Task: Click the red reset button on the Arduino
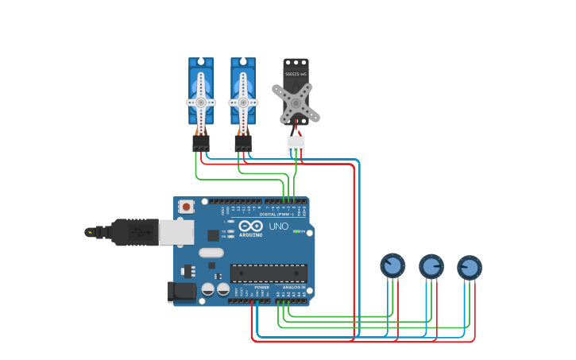[186, 207]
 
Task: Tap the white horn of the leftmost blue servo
[201, 103]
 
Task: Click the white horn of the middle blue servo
[243, 103]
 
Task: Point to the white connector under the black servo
[296, 145]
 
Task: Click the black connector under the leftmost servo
[201, 142]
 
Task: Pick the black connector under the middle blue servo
[243, 142]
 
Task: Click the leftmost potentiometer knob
[392, 266]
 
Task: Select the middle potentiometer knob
[431, 267]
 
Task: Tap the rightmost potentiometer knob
[470, 268]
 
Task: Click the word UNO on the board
[279, 226]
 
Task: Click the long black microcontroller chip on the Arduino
[269, 273]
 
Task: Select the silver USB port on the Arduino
[176, 232]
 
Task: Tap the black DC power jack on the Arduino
[182, 292]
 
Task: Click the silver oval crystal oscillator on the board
[211, 253]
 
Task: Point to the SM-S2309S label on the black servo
[296, 75]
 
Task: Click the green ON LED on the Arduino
[296, 231]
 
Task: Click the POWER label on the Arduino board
[261, 287]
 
